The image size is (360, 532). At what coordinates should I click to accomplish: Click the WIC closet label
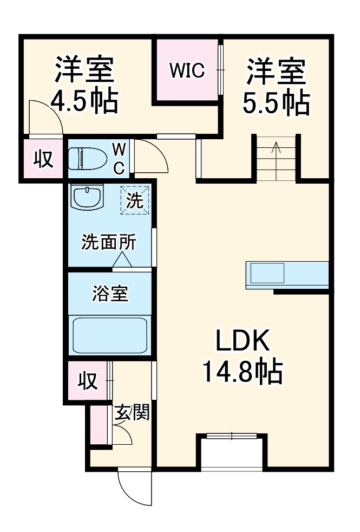[187, 70]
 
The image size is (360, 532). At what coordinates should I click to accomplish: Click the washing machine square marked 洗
[134, 200]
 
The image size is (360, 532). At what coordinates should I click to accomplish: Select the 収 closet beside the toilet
[43, 159]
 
